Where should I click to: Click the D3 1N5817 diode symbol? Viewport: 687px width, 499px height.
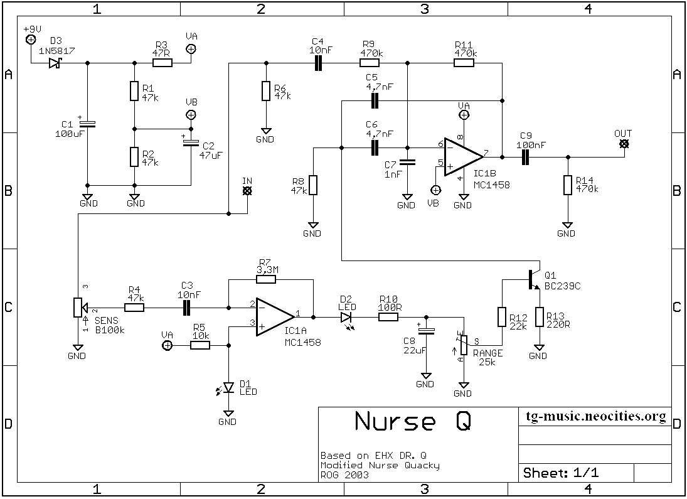coord(54,63)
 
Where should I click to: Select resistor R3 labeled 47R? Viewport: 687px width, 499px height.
coord(162,63)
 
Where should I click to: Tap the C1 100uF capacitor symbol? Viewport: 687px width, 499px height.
coord(88,124)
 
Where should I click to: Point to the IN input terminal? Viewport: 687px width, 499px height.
coord(247,190)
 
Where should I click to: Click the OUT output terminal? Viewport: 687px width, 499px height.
coord(623,144)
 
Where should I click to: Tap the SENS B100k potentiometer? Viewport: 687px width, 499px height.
coord(77,308)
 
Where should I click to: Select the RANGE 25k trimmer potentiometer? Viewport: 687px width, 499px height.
coord(464,345)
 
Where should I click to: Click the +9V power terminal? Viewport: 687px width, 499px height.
coord(30,40)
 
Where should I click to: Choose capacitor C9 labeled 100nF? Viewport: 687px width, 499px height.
coord(526,157)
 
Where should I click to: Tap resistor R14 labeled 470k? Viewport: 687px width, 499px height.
coord(568,185)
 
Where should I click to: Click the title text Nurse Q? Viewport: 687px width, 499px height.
coord(412,421)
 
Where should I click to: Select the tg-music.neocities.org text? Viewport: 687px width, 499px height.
coord(595,417)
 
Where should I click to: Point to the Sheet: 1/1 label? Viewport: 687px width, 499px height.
coord(560,473)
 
